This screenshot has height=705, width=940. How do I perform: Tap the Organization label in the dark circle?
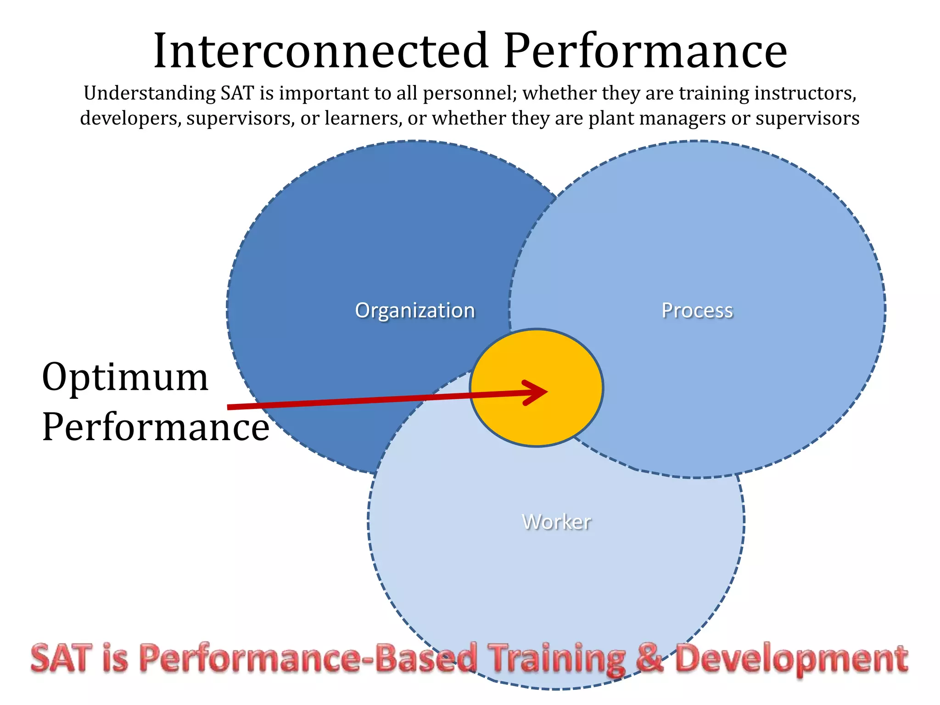415,311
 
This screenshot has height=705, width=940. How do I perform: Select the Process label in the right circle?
697,311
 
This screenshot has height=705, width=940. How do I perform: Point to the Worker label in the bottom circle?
556,522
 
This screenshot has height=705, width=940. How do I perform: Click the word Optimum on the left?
125,377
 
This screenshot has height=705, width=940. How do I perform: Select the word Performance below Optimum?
155,427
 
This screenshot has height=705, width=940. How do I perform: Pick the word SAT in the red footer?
61,658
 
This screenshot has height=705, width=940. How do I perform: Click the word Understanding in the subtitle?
150,94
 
